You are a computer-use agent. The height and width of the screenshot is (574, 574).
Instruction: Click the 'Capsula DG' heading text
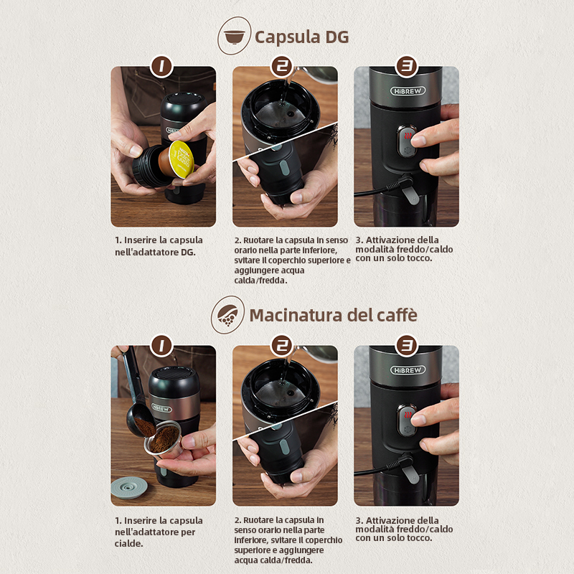pyautogui.click(x=301, y=37)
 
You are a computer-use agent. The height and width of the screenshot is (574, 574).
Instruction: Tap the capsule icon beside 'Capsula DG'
pyautogui.click(x=235, y=36)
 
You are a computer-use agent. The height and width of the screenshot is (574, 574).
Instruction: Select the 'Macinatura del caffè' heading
pyautogui.click(x=333, y=315)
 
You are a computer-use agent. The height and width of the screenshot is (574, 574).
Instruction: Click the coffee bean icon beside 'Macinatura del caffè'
pyautogui.click(x=227, y=315)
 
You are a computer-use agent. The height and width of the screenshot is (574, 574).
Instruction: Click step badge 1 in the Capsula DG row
pyautogui.click(x=161, y=66)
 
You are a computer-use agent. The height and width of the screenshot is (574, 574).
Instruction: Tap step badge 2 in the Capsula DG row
pyautogui.click(x=281, y=66)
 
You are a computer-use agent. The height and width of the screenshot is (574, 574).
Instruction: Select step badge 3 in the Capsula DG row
pyautogui.click(x=407, y=66)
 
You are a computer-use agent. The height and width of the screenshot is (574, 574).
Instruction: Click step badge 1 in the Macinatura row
pyautogui.click(x=161, y=345)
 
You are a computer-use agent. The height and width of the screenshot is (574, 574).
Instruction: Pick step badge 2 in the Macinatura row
pyautogui.click(x=281, y=345)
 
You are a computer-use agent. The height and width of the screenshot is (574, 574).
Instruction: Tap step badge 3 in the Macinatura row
pyautogui.click(x=407, y=345)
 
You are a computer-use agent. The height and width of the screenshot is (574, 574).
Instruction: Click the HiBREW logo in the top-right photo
pyautogui.click(x=408, y=91)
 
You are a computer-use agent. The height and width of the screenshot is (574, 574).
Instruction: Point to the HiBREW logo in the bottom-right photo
pyautogui.click(x=408, y=370)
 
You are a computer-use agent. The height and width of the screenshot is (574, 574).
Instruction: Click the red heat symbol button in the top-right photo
pyautogui.click(x=407, y=136)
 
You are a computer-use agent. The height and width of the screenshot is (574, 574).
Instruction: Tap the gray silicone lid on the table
pyautogui.click(x=129, y=488)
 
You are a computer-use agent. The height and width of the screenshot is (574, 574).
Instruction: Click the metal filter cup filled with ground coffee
pyautogui.click(x=164, y=439)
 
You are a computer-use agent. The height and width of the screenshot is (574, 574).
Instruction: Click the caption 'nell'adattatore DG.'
pyautogui.click(x=155, y=253)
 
